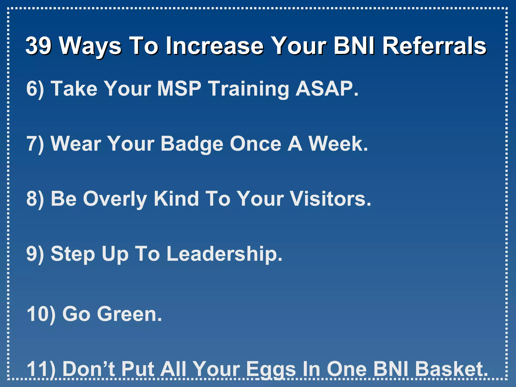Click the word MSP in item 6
click(x=179, y=89)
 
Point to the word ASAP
click(x=327, y=89)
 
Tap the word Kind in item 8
click(x=176, y=199)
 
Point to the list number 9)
click(x=35, y=254)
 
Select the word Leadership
click(x=224, y=254)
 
